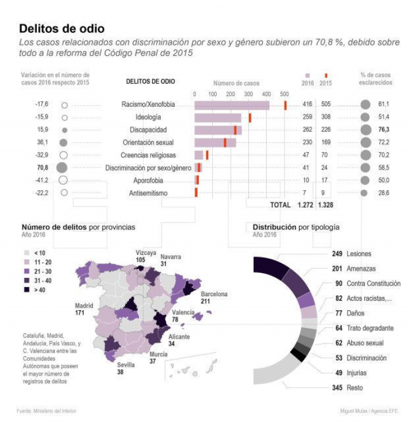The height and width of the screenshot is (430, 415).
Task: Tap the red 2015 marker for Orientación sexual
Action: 225,142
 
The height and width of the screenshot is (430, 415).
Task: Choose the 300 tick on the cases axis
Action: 248,93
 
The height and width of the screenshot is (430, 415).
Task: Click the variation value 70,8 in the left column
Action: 42,168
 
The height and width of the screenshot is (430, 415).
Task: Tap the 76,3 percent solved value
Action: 384,129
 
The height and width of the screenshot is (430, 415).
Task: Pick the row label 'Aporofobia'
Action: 148,180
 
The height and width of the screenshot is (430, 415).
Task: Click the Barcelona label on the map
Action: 214,294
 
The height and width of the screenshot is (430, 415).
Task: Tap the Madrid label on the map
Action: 84,305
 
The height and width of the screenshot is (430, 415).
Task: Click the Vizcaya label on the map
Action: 146,252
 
